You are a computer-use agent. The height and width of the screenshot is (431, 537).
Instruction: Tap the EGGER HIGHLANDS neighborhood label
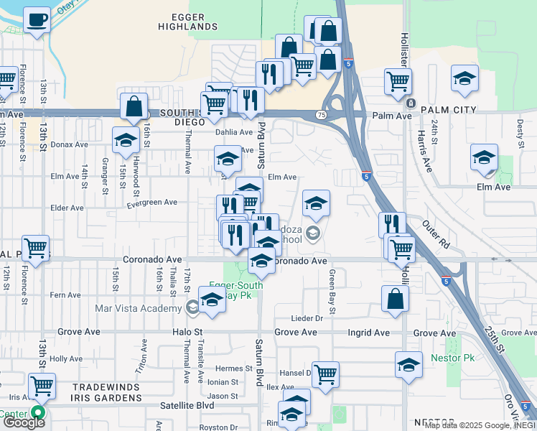[x=189, y=22]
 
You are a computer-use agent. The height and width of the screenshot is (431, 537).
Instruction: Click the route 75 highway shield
[x=321, y=115]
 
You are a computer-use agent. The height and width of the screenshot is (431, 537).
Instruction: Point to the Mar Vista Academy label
[x=139, y=309]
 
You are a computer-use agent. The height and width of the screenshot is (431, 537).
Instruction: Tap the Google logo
[x=24, y=422]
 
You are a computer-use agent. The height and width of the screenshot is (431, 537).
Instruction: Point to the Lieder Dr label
[x=309, y=318]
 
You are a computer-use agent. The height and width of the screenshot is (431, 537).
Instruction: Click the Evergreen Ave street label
[x=151, y=203]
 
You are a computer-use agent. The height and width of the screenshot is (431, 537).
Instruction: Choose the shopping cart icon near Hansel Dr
[x=325, y=374]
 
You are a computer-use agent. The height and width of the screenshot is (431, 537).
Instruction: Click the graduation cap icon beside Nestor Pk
[x=408, y=365]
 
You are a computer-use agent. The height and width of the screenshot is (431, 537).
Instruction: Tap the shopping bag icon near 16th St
[x=134, y=106]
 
